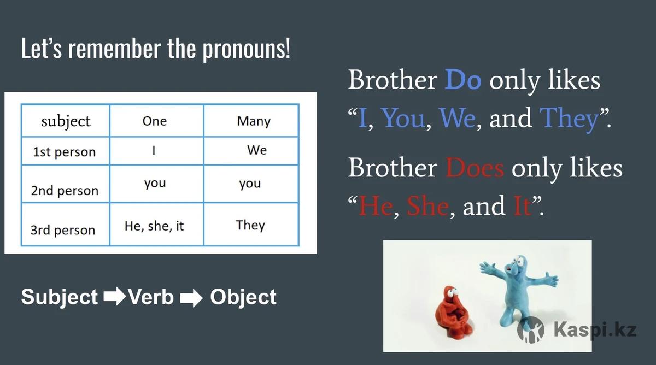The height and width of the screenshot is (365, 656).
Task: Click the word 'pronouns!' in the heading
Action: pyautogui.click(x=247, y=49)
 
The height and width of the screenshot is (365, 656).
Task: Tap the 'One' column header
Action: pyautogui.click(x=155, y=121)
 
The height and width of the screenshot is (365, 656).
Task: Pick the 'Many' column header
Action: pyautogui.click(x=254, y=121)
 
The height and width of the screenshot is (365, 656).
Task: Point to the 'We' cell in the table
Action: pyautogui.click(x=257, y=150)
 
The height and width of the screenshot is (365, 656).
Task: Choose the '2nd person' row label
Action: pyautogui.click(x=65, y=191)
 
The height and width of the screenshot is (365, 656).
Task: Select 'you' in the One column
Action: pyautogui.click(x=155, y=184)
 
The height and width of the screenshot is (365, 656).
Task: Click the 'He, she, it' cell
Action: pyautogui.click(x=154, y=226)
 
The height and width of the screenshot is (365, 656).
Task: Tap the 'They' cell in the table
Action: pyautogui.click(x=250, y=225)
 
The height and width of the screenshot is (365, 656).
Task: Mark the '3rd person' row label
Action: pyautogui.click(x=63, y=231)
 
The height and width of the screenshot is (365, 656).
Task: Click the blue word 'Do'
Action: pyautogui.click(x=463, y=80)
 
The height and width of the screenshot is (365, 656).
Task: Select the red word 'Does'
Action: pyautogui.click(x=475, y=168)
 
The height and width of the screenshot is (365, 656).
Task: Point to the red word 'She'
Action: pyautogui.click(x=427, y=206)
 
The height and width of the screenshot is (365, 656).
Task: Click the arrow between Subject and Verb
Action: pyautogui.click(x=114, y=296)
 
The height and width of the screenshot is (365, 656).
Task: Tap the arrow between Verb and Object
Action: pyautogui.click(x=191, y=298)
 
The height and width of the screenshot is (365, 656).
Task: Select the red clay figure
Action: pyautogui.click(x=453, y=313)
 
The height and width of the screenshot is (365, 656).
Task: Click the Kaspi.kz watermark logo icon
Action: pyautogui.click(x=531, y=330)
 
